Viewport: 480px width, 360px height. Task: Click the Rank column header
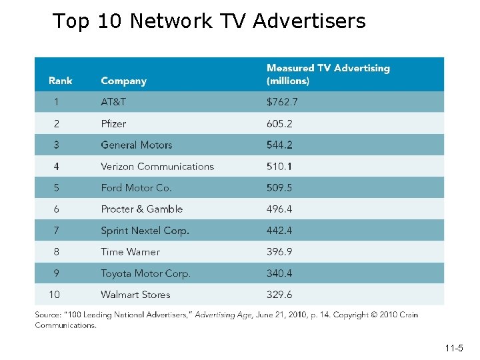(x=60, y=81)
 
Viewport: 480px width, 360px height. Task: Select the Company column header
(x=124, y=81)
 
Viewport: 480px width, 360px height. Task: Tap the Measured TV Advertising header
(x=328, y=74)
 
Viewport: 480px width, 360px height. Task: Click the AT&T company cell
(x=113, y=101)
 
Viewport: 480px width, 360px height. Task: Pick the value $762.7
(x=282, y=101)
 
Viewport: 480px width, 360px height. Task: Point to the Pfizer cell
(x=113, y=123)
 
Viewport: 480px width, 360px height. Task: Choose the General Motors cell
(x=137, y=145)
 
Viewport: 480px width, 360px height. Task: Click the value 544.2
(x=279, y=145)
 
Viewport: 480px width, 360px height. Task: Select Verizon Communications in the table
(x=157, y=167)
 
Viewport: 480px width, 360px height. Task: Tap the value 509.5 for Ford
(x=279, y=187)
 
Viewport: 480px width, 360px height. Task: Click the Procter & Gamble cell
(x=142, y=209)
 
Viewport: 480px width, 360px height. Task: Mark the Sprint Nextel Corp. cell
(x=145, y=231)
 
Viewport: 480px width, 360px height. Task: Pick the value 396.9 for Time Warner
(x=279, y=251)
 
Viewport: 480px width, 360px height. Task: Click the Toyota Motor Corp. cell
(x=146, y=273)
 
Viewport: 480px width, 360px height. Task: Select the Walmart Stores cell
(x=135, y=295)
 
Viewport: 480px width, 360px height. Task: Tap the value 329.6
(x=279, y=295)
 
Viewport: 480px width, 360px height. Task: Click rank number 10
(x=55, y=295)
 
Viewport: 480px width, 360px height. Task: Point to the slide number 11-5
(x=454, y=348)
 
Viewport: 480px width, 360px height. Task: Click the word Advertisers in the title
(x=309, y=21)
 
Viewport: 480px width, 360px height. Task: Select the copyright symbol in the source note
(x=374, y=315)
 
